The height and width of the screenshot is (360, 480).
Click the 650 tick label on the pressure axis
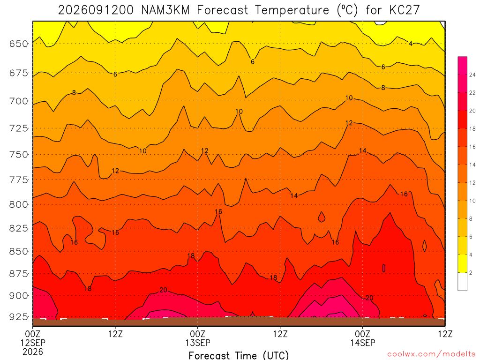point(19,44)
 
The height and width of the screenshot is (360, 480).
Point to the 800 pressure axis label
point(19,204)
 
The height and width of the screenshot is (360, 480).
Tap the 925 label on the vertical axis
point(19,316)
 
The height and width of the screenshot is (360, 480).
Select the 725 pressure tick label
point(19,128)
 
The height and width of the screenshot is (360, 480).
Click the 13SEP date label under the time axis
point(198,343)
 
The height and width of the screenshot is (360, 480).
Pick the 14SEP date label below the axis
point(363,343)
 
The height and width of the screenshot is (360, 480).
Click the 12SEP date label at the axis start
point(33,343)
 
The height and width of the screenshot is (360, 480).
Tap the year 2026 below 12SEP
point(33,352)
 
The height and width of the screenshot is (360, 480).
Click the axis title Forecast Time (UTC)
point(239,355)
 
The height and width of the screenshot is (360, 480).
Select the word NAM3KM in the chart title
point(165,10)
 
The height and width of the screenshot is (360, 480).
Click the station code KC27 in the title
point(405,10)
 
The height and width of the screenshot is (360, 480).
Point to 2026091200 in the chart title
point(96,10)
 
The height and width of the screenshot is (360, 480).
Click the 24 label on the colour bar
point(472,75)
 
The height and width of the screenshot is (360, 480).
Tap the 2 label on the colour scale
point(471,273)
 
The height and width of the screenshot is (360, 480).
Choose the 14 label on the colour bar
point(472,165)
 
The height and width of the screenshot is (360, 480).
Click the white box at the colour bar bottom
point(463,282)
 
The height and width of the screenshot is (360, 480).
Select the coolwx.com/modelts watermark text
point(431,354)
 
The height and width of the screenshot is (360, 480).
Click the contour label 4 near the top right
point(411,44)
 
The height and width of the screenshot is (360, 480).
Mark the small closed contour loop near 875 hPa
point(384,268)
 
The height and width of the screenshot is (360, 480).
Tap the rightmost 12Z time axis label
point(445,334)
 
